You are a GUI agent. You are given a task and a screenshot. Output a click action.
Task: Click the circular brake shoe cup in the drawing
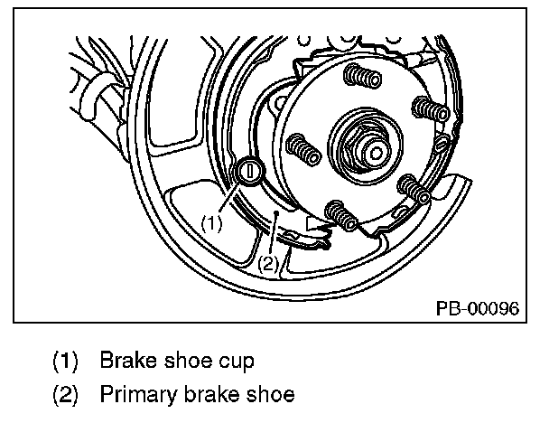(x=250, y=172)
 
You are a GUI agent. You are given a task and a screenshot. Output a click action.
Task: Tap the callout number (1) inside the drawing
(x=211, y=223)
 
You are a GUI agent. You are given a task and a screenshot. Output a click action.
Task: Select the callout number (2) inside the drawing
(x=268, y=264)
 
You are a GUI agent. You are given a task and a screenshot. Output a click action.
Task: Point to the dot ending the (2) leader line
(x=276, y=212)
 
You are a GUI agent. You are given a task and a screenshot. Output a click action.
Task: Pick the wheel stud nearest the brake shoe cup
(x=303, y=149)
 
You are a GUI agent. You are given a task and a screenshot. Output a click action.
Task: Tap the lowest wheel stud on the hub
(x=341, y=215)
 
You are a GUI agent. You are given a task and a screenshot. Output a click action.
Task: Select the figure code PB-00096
(x=478, y=308)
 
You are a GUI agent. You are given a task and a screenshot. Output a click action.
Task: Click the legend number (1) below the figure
(x=65, y=361)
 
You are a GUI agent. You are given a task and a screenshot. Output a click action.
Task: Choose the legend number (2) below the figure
(x=65, y=394)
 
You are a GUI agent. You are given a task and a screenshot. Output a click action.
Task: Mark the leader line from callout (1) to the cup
(x=229, y=198)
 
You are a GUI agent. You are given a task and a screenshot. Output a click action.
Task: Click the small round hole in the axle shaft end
(x=376, y=153)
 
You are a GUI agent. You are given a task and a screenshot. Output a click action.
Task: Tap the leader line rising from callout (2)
(x=274, y=234)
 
